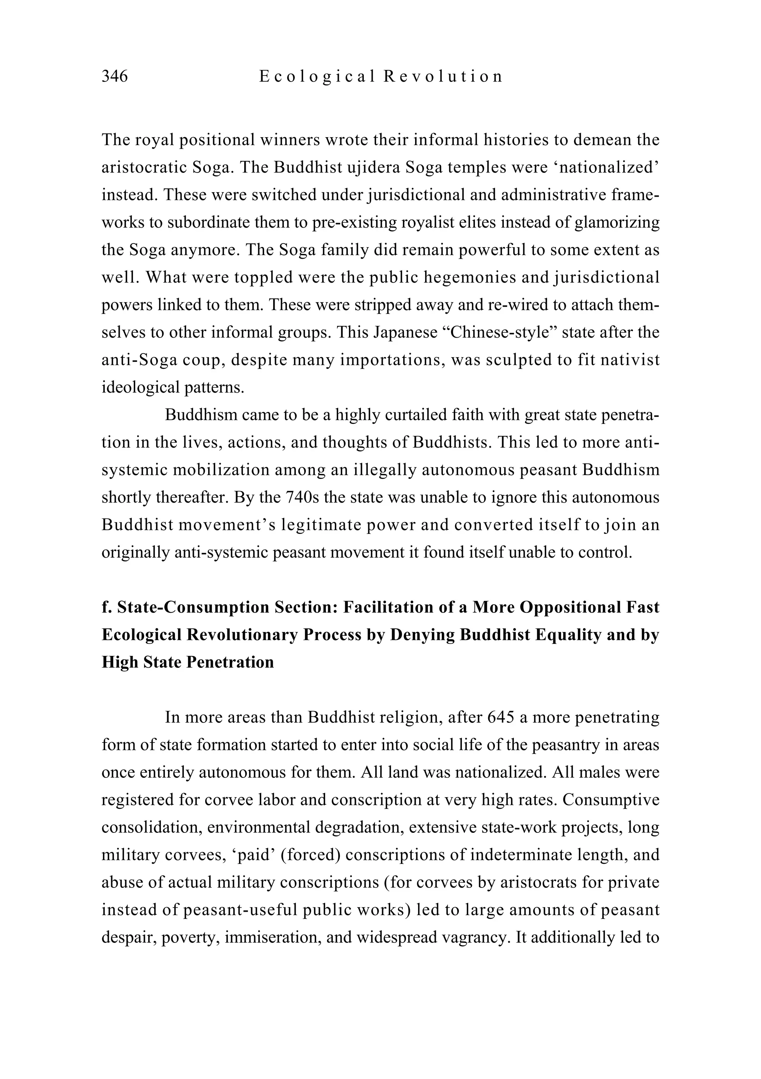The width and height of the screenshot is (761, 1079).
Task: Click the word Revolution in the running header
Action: tap(443, 76)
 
